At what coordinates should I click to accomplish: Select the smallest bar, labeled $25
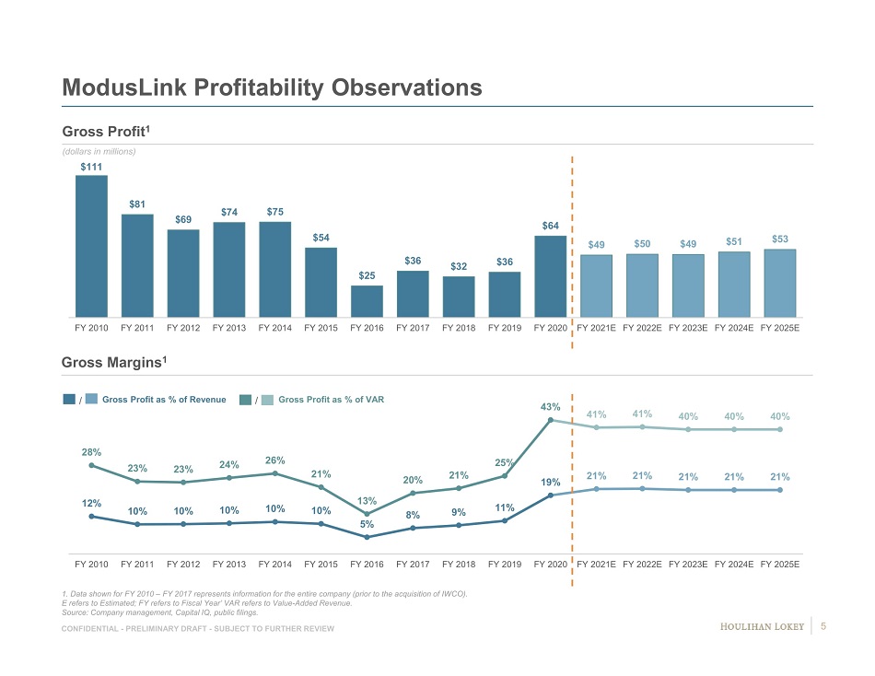[367, 301]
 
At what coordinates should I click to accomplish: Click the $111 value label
[90, 166]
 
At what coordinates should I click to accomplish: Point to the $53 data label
[779, 239]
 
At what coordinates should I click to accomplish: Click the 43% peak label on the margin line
[550, 406]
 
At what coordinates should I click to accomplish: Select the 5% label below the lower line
[367, 550]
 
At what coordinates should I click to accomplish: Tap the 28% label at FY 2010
[90, 452]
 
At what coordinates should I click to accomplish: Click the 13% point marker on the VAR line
[367, 514]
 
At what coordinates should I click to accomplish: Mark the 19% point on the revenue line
[550, 495]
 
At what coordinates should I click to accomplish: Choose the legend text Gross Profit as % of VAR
[331, 400]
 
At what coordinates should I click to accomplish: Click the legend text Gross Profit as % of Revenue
[164, 400]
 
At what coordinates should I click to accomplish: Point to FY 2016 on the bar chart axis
[367, 328]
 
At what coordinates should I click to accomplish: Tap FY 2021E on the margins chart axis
[596, 564]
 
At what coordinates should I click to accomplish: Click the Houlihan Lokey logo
[761, 627]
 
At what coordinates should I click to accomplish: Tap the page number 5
[822, 627]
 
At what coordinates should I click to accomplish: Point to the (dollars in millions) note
[99, 151]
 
